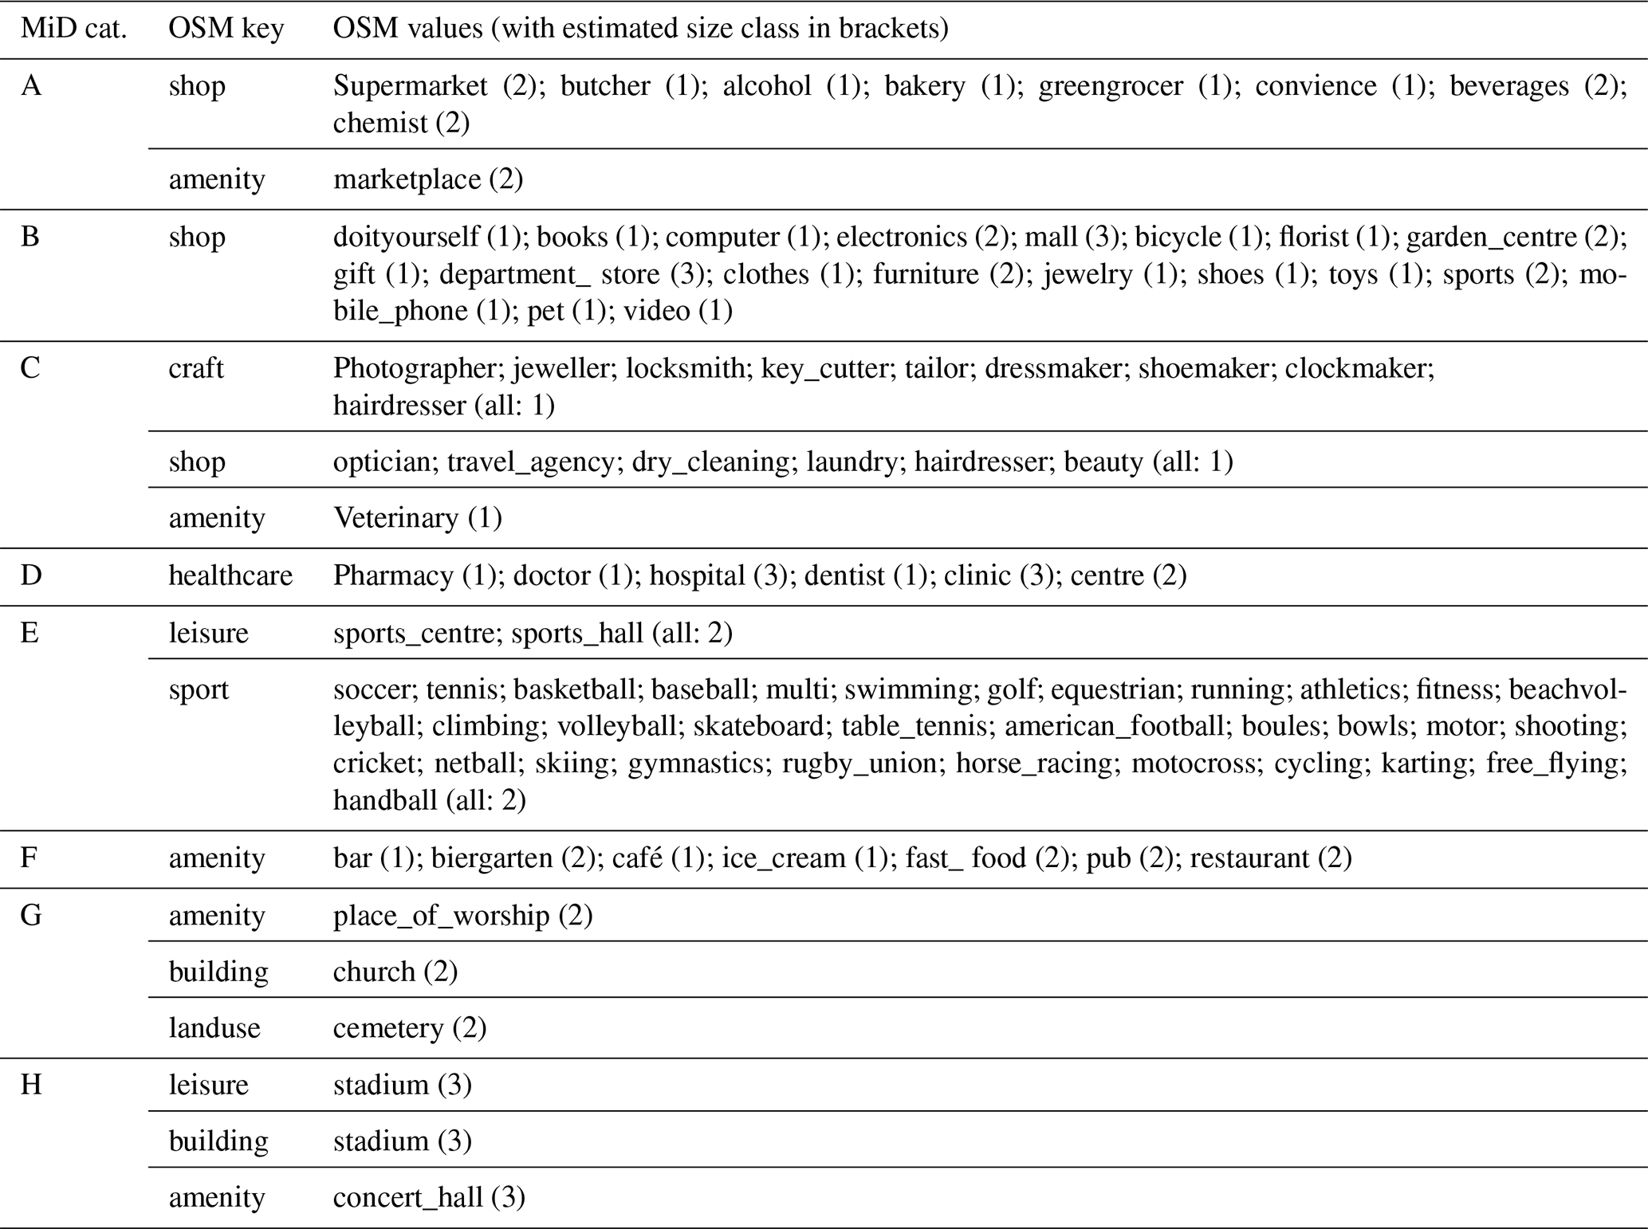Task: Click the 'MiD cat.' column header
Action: click(73, 29)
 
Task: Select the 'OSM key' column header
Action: click(226, 29)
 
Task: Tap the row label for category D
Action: click(30, 575)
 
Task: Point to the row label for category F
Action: click(29, 858)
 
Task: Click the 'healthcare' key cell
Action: click(230, 575)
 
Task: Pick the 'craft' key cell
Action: click(196, 368)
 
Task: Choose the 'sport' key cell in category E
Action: click(199, 689)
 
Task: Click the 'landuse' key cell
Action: click(214, 1028)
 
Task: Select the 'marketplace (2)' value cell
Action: click(428, 179)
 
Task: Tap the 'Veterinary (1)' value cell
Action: click(417, 518)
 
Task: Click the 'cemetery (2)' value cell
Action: click(410, 1028)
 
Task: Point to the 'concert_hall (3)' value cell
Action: click(429, 1197)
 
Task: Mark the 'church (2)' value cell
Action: click(395, 972)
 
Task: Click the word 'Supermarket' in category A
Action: click(410, 86)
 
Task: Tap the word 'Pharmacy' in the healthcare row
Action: click(393, 575)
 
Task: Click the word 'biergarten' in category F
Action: click(492, 858)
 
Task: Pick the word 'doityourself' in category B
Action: click(406, 237)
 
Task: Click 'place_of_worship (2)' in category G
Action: click(462, 916)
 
